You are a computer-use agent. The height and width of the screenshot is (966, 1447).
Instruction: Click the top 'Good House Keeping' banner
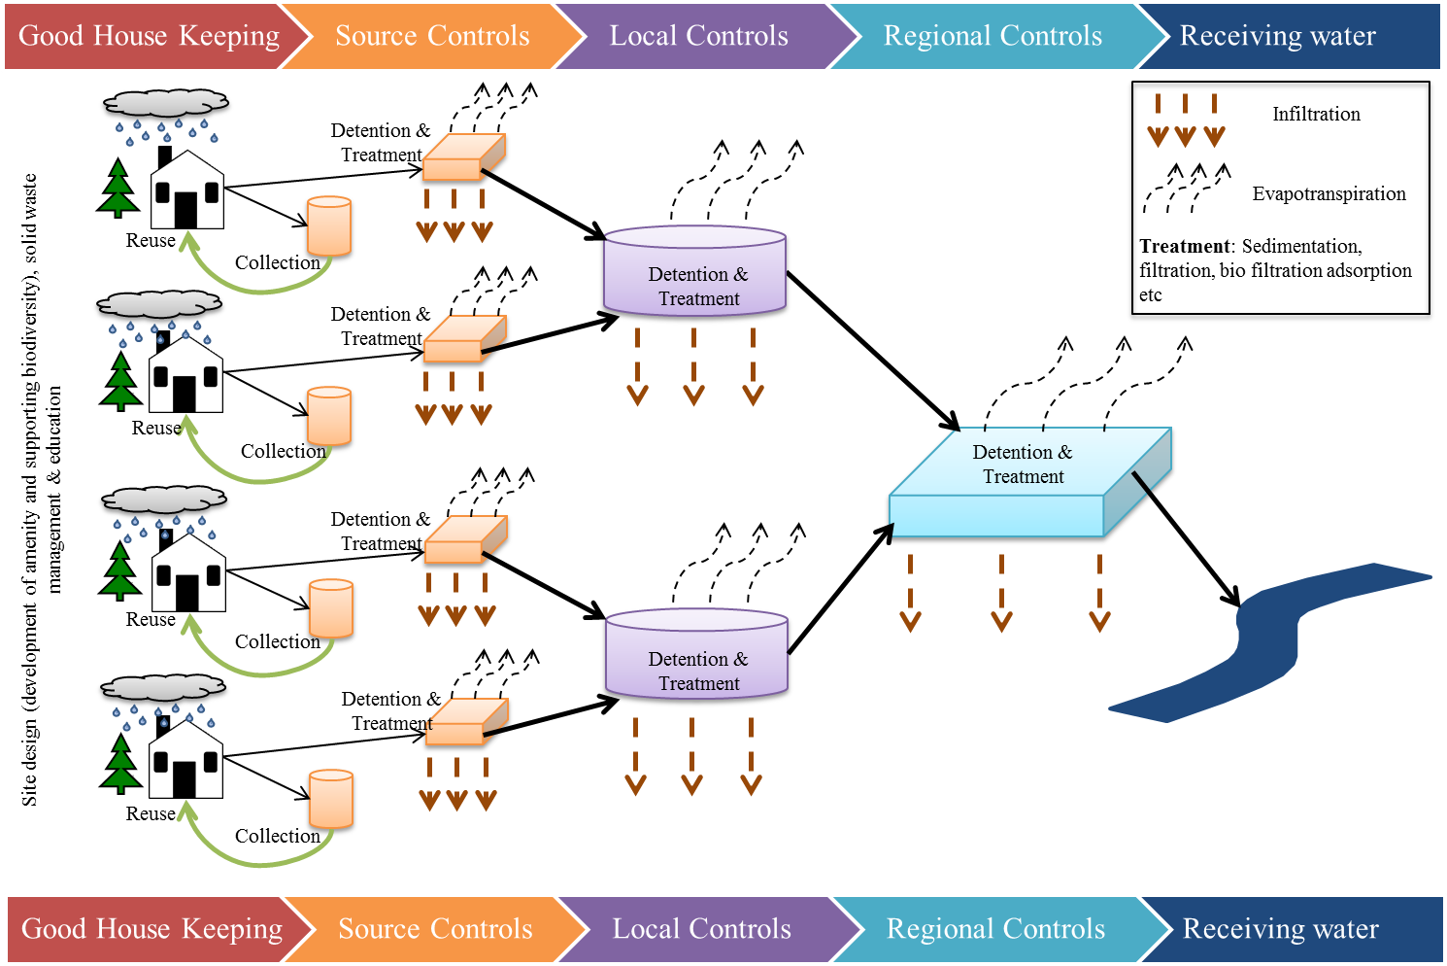pos(149,36)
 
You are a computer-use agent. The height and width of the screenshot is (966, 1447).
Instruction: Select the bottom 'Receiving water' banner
pos(1280,929)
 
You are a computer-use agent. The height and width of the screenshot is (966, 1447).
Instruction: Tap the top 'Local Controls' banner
pos(698,36)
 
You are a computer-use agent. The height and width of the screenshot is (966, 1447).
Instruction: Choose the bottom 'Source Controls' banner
pos(435,929)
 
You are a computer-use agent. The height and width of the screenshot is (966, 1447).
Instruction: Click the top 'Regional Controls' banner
pos(993,36)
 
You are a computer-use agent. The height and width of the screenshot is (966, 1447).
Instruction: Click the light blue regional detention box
pos(1025,481)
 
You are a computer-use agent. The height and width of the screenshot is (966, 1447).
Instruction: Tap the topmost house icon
pos(186,190)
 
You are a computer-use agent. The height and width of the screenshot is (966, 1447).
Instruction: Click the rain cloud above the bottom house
pos(163,691)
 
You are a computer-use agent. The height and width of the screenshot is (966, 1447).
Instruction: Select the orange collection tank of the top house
pos(329,226)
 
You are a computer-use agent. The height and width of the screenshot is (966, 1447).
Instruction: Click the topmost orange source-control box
pos(465,158)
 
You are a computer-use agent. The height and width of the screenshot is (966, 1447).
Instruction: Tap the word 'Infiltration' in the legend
pos(1316,114)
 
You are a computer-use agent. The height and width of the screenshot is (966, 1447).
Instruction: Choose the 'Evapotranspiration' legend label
pos(1329,193)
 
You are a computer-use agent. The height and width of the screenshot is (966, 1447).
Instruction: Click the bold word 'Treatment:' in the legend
pos(1186,246)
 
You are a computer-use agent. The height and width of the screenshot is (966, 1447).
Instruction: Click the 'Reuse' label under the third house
pos(151,619)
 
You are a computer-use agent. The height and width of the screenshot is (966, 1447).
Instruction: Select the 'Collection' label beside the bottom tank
pos(277,836)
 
